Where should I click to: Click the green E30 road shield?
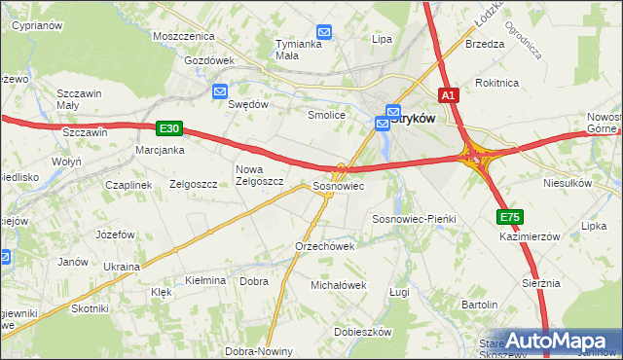[168, 127]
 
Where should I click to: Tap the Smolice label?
[327, 115]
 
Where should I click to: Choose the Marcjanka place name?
[161, 150]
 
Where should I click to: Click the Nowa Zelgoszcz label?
[259, 175]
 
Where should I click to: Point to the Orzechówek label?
[324, 246]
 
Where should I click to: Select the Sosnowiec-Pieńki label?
[415, 220]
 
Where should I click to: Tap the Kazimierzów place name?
[530, 236]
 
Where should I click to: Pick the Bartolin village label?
[480, 305]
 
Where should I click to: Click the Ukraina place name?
[122, 266]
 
